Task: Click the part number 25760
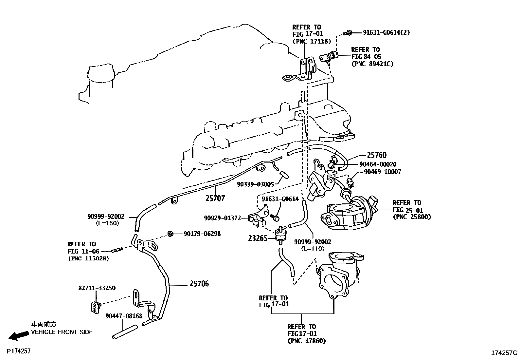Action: (x=376, y=155)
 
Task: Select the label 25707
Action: (x=215, y=198)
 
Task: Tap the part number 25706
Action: (x=199, y=284)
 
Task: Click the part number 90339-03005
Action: (x=255, y=184)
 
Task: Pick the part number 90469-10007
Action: (x=382, y=172)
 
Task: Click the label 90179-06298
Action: (x=202, y=234)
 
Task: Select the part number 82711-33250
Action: (x=97, y=288)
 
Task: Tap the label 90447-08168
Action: (x=124, y=316)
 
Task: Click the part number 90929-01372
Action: (x=222, y=218)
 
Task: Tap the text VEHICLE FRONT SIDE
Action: (x=62, y=332)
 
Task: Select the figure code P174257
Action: (x=19, y=351)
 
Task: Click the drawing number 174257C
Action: (x=504, y=353)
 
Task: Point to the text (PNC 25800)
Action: (x=411, y=217)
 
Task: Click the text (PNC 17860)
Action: (x=307, y=341)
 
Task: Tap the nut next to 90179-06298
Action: (x=170, y=234)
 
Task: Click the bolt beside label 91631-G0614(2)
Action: (x=348, y=32)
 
